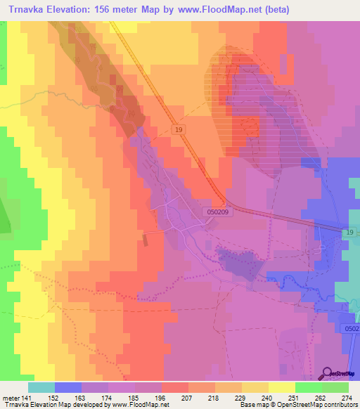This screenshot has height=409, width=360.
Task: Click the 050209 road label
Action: pyautogui.click(x=219, y=210)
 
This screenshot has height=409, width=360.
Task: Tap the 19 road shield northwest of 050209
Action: pyautogui.click(x=181, y=129)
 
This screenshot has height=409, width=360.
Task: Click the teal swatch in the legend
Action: pyautogui.click(x=41, y=387)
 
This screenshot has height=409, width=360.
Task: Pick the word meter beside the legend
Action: pyautogui.click(x=10, y=397)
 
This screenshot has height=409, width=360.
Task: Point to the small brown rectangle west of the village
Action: pyautogui.click(x=146, y=240)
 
